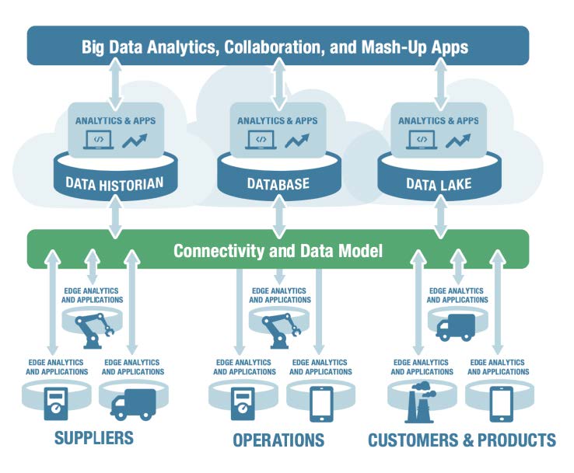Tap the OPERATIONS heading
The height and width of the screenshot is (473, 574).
[278, 440]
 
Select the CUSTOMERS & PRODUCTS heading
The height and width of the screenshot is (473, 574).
[462, 440]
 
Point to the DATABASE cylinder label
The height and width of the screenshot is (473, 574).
[278, 184]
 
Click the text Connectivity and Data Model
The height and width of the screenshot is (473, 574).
[278, 251]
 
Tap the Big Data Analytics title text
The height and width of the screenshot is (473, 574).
[275, 47]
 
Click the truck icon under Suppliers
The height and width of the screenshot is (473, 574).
[132, 403]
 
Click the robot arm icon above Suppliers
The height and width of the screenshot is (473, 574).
[93, 328]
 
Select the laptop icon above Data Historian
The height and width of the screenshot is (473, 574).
[100, 141]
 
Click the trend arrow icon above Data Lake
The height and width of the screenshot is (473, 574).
[457, 141]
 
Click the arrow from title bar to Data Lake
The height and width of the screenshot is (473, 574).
[439, 86]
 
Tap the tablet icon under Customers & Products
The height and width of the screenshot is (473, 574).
[501, 403]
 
